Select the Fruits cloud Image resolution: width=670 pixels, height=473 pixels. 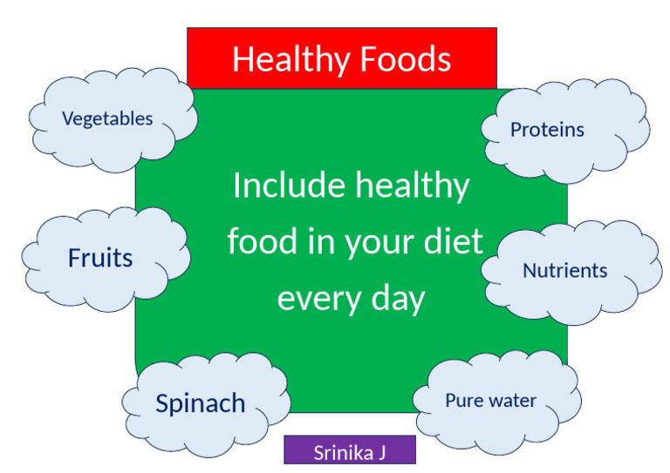coord(100,258)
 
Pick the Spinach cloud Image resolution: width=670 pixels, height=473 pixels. coord(200,403)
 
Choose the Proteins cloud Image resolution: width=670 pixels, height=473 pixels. coord(547,130)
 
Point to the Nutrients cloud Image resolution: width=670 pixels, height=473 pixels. coord(564,270)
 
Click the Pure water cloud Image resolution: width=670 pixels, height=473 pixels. coord(490,401)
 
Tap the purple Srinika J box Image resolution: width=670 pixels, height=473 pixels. coord(350,452)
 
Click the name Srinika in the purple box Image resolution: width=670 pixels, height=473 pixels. coord(342,452)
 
